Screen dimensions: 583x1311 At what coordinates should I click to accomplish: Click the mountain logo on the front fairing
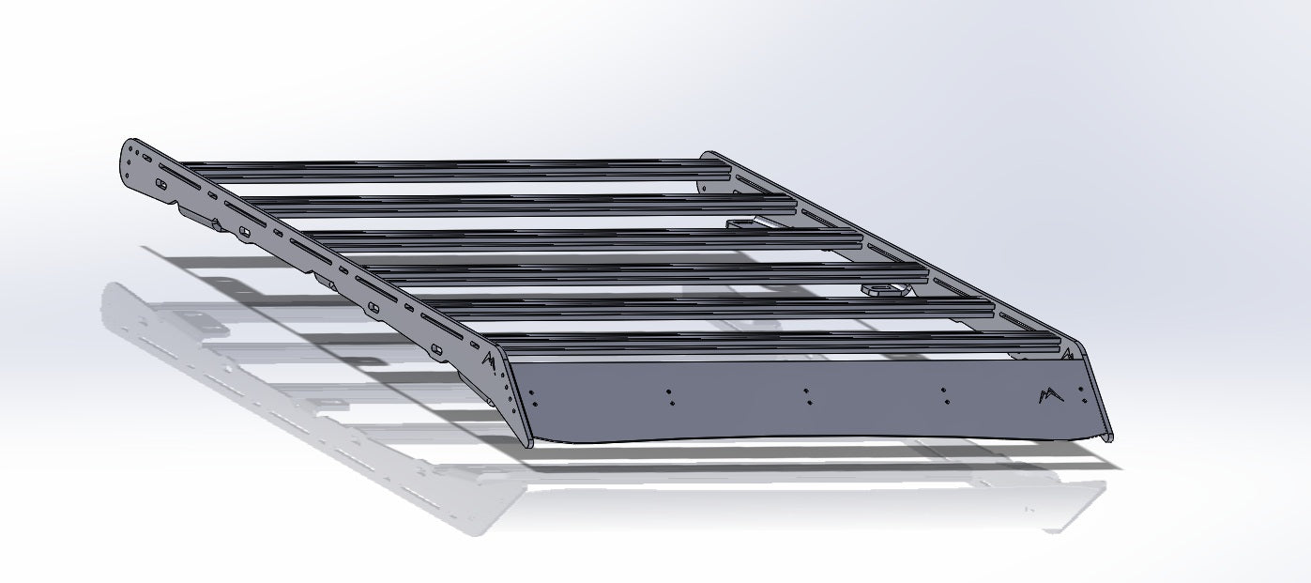pos(1050,395)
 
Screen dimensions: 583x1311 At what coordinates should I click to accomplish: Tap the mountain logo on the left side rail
pos(488,360)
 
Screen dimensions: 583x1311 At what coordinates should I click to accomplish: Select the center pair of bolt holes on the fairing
pos(806,396)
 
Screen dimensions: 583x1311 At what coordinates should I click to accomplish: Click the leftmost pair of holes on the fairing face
pos(532,399)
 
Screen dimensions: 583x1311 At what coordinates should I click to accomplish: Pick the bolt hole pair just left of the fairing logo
pos(944,394)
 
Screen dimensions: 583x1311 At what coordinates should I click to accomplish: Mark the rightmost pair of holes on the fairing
pos(1086,393)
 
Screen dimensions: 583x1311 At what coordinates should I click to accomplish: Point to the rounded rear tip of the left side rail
pos(128,150)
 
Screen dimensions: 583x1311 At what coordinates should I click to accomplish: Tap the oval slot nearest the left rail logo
pos(434,349)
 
